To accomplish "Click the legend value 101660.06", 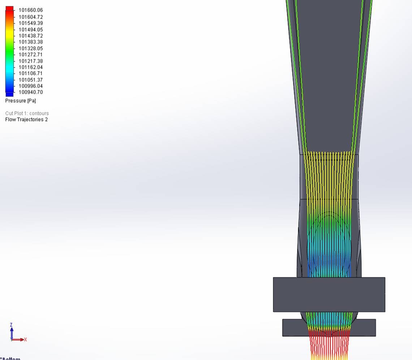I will tap(30, 10).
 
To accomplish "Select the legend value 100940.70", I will tap(30, 92).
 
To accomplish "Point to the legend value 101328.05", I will tap(30, 48).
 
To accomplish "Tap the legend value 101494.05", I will tap(30, 30).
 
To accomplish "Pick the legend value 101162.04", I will tap(30, 68).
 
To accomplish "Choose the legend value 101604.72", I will tap(30, 17).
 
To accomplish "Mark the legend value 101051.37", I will tap(30, 80).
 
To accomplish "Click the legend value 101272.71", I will tap(30, 55).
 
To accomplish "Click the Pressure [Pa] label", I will tap(21, 101).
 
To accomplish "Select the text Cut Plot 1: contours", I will tap(27, 113).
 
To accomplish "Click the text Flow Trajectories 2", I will tap(26, 120).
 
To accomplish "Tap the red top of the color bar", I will tap(9, 9).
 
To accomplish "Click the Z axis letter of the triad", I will tap(12, 325).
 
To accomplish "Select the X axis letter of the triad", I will tap(25, 339).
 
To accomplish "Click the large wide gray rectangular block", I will tap(329, 294).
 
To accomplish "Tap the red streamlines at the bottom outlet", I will tap(329, 345).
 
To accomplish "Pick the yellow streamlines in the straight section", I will tap(329, 177).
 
